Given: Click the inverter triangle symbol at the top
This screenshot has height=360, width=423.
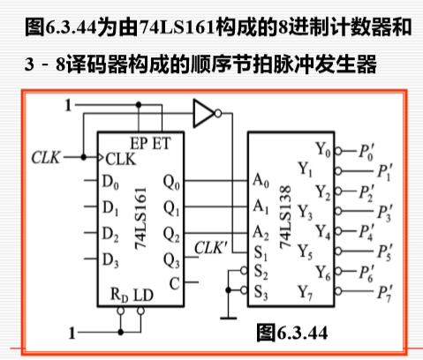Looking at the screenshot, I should (203, 112).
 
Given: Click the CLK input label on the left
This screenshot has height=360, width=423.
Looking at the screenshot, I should (45, 158).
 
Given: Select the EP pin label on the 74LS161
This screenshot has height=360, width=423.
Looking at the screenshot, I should (139, 142).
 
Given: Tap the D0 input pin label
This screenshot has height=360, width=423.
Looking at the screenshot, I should (110, 184).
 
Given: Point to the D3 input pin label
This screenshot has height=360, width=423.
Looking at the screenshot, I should (110, 259).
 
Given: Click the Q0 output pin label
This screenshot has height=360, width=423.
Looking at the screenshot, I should (172, 185).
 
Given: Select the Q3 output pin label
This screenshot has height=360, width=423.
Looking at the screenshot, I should (172, 260).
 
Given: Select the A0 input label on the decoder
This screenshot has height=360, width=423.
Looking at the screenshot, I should (260, 180).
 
